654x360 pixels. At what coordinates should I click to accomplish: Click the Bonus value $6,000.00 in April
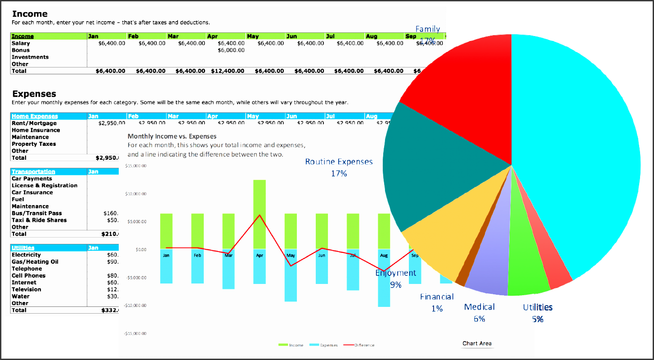[x=231, y=50]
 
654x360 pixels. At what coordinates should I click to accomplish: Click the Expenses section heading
[x=34, y=94]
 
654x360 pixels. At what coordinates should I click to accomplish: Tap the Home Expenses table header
[x=35, y=116]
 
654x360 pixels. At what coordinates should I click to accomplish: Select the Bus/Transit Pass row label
[x=37, y=213]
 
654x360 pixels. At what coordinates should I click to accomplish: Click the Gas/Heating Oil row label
[x=35, y=262]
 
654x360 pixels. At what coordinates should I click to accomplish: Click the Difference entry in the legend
[x=364, y=345]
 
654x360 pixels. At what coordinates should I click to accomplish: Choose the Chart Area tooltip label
[x=477, y=343]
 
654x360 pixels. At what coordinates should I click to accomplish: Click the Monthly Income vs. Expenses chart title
[x=172, y=136]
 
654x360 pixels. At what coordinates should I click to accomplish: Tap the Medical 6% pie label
[x=479, y=312]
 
